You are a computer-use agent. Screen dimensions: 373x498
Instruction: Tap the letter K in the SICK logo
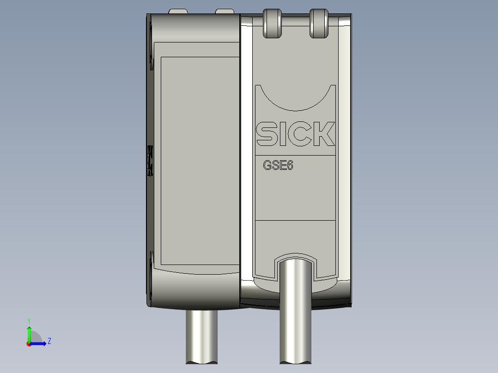click(325, 134)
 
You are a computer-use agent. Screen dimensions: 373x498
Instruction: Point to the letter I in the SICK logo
click(283, 134)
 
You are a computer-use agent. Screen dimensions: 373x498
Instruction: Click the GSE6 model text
click(278, 166)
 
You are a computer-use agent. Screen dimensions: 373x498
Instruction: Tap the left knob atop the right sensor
click(272, 23)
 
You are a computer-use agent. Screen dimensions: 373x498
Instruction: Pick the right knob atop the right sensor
click(319, 23)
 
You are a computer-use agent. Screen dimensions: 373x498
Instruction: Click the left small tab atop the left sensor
click(178, 11)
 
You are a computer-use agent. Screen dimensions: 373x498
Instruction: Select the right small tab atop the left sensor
click(225, 11)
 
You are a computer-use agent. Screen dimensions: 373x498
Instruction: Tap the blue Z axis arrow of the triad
click(39, 343)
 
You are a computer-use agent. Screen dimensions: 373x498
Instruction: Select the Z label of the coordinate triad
click(49, 341)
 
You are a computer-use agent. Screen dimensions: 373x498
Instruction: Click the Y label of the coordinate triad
click(29, 320)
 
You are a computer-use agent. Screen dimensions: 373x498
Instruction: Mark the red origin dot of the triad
click(29, 344)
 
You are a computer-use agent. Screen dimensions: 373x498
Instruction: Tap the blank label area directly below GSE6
click(296, 196)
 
